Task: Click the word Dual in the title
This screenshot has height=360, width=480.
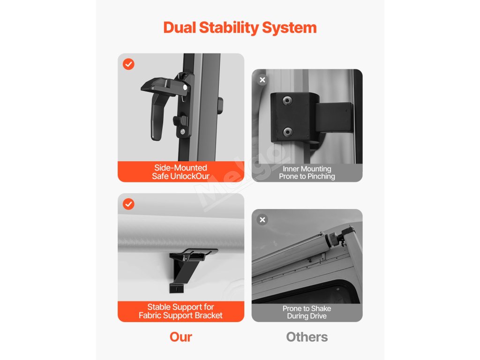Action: [x=180, y=28]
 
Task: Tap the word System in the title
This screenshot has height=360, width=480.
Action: [x=289, y=28]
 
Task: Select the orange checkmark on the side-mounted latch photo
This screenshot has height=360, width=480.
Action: [x=128, y=64]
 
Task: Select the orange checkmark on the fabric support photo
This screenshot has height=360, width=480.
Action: [x=128, y=204]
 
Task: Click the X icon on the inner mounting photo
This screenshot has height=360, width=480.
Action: [x=262, y=80]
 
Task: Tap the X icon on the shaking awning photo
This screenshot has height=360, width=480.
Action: [x=262, y=220]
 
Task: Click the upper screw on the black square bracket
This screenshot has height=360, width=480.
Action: [x=287, y=100]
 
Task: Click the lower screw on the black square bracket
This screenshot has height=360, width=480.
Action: [x=287, y=132]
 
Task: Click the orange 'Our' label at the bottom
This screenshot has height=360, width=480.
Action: [x=181, y=337]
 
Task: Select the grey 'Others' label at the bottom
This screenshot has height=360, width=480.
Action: [x=307, y=337]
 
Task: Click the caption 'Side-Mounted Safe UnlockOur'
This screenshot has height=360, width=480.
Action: [x=180, y=172]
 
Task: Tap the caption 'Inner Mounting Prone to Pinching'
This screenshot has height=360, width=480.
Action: [x=307, y=172]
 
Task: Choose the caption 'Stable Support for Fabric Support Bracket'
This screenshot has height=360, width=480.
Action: [x=180, y=311]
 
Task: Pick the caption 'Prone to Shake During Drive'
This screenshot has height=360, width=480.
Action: [x=307, y=312]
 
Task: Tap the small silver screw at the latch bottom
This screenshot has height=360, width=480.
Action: [x=182, y=132]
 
